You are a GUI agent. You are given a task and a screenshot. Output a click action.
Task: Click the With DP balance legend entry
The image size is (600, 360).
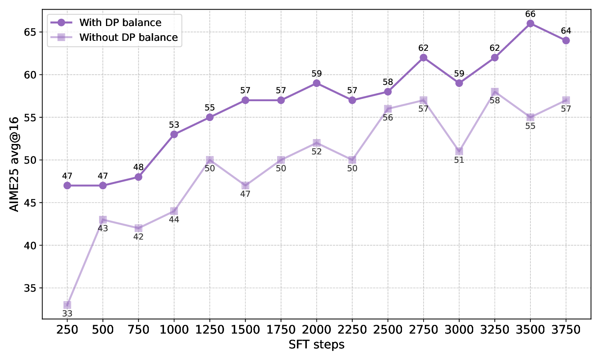tap(120, 22)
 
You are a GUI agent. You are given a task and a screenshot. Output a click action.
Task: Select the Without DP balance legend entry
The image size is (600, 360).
tap(128, 37)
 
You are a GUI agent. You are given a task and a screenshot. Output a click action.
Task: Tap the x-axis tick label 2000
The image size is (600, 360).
tap(316, 330)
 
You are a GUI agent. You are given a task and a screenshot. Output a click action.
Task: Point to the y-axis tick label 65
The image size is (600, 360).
tap(31, 32)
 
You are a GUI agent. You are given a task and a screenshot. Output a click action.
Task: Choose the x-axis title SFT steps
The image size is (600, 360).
tap(316, 344)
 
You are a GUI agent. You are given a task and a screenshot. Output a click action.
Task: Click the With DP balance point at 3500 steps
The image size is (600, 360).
tap(530, 23)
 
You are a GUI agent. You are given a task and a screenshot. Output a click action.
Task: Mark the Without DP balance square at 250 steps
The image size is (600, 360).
tap(67, 305)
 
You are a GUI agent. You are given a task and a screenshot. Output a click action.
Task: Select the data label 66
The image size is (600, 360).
tap(530, 14)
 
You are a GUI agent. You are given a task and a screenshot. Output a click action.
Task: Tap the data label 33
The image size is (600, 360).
tap(67, 314)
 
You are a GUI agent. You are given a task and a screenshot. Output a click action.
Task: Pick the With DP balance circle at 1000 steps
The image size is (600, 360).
tap(174, 134)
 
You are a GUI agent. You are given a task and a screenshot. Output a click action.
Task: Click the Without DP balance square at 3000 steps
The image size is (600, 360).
tap(459, 151)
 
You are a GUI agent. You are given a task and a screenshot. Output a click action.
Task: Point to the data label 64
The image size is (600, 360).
tap(566, 31)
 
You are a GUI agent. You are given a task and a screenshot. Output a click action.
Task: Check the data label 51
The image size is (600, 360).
tap(459, 160)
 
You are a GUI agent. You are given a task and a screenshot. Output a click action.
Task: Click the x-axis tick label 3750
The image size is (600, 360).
tap(566, 330)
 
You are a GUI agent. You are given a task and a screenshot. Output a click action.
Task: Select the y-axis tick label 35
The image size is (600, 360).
tap(31, 288)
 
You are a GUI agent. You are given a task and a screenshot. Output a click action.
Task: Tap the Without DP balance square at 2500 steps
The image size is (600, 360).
tap(388, 109)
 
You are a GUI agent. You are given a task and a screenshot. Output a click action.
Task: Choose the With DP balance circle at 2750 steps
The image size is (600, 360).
tap(424, 58)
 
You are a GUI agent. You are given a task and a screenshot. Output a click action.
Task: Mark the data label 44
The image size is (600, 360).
tap(174, 220)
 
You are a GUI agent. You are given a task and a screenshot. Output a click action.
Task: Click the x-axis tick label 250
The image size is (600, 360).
tap(67, 330)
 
